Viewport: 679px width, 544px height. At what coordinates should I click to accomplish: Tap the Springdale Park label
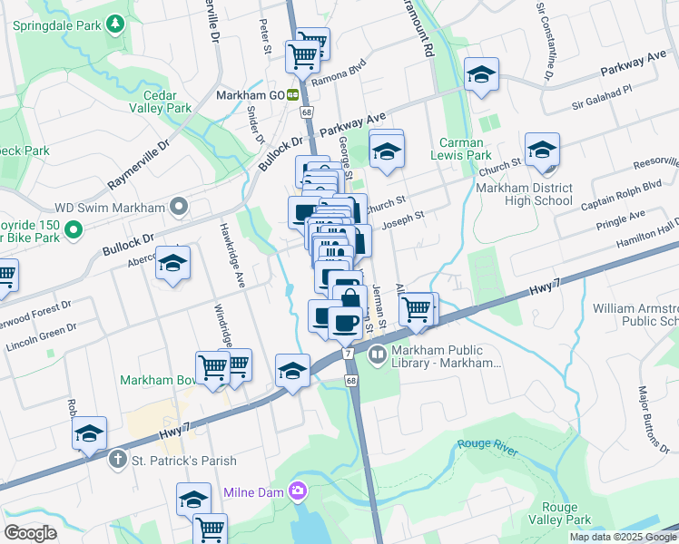click(56, 26)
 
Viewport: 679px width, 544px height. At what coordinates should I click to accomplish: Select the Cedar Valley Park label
click(167, 100)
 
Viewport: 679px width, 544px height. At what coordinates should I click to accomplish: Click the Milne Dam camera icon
click(297, 491)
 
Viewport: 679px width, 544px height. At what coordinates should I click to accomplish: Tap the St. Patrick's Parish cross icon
click(117, 460)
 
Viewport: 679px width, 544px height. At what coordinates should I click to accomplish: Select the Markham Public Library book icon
click(377, 355)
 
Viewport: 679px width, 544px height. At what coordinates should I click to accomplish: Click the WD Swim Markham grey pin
click(179, 208)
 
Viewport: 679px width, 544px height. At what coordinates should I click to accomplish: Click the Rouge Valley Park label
click(566, 513)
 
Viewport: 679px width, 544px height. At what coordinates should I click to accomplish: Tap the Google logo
click(30, 532)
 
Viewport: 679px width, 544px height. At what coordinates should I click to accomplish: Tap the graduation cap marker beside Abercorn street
click(172, 265)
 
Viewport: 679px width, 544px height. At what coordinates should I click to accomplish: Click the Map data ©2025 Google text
click(623, 537)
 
